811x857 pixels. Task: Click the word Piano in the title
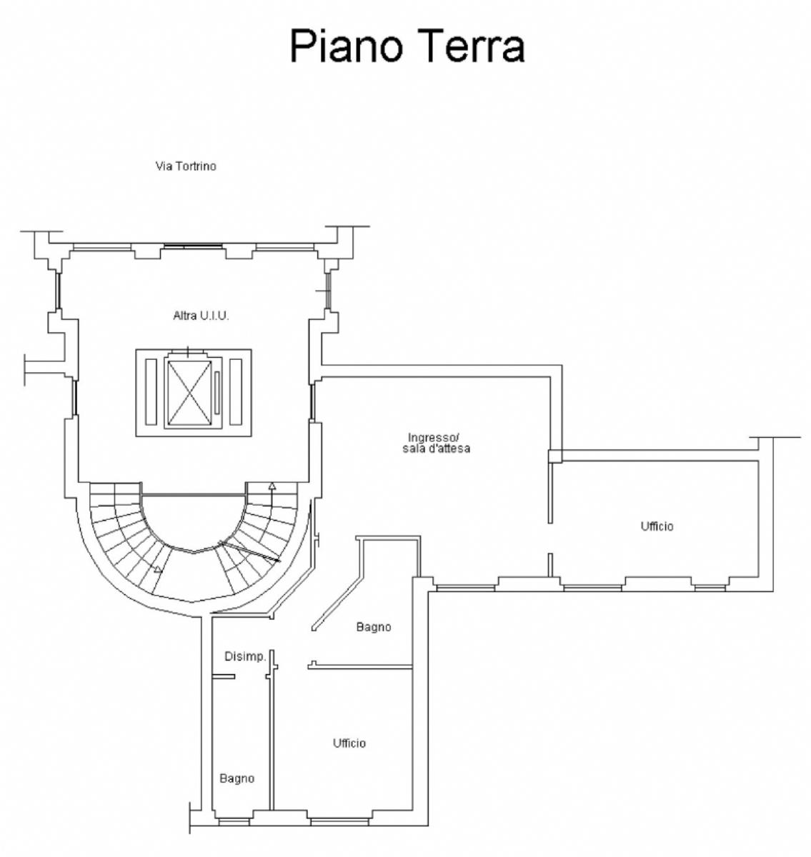tap(345, 46)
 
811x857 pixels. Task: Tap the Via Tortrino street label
tap(186, 166)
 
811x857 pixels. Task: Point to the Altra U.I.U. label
tap(201, 316)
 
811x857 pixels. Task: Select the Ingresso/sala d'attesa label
tap(437, 443)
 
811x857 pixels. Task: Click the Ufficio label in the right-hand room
tap(657, 526)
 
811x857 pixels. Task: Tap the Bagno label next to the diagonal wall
tap(374, 627)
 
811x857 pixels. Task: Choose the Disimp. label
tap(245, 656)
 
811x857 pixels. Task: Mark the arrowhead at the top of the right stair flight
tap(272, 485)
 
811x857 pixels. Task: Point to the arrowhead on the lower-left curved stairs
tap(158, 568)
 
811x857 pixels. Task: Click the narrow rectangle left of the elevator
tap(151, 391)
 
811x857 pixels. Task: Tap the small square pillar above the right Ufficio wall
tap(554, 456)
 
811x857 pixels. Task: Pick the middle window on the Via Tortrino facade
tap(193, 246)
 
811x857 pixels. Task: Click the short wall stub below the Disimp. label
tap(224, 676)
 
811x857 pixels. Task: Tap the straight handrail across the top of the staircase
tap(194, 495)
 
